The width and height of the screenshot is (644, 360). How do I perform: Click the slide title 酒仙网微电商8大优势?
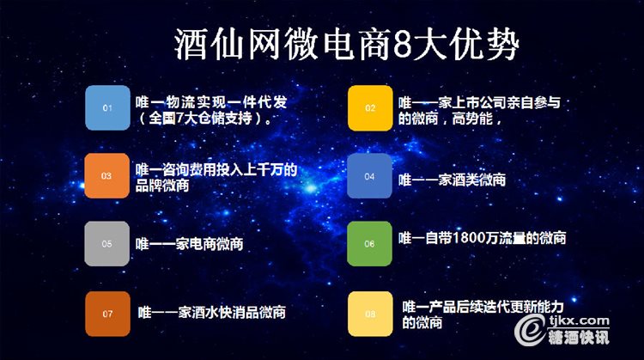[347, 45]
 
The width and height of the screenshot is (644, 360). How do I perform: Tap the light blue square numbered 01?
[107, 107]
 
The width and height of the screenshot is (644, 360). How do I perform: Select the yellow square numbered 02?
[370, 108]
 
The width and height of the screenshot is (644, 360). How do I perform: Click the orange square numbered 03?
[106, 176]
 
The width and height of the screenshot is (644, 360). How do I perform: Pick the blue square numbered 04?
[369, 176]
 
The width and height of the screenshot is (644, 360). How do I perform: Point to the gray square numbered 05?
[106, 244]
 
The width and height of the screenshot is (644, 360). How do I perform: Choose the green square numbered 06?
[369, 244]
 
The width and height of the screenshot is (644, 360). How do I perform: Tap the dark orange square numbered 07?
[107, 314]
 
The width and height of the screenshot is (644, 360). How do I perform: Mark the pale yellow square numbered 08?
[370, 314]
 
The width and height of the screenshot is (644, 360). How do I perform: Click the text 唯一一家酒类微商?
[452, 180]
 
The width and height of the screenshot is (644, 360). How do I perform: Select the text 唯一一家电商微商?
[190, 244]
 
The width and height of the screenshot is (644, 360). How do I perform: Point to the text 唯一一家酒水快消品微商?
[211, 313]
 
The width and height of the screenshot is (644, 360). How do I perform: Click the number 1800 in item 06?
[468, 237]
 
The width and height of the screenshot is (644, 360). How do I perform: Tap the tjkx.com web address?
[580, 320]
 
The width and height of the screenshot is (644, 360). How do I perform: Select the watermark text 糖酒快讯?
[579, 337]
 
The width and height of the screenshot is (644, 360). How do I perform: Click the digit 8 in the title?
[403, 45]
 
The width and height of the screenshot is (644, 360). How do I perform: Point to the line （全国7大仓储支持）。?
[204, 119]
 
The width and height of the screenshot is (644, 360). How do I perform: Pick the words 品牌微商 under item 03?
[162, 186]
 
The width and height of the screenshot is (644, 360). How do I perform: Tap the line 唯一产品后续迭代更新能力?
[483, 307]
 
